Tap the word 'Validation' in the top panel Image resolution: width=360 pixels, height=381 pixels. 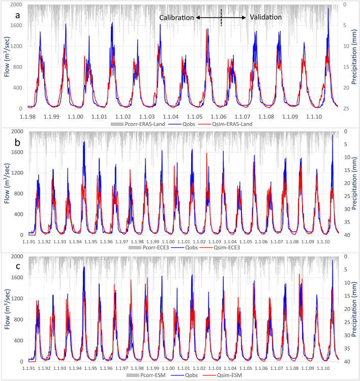pos(265,17)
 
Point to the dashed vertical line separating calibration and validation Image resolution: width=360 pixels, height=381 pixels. pos(221,17)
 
